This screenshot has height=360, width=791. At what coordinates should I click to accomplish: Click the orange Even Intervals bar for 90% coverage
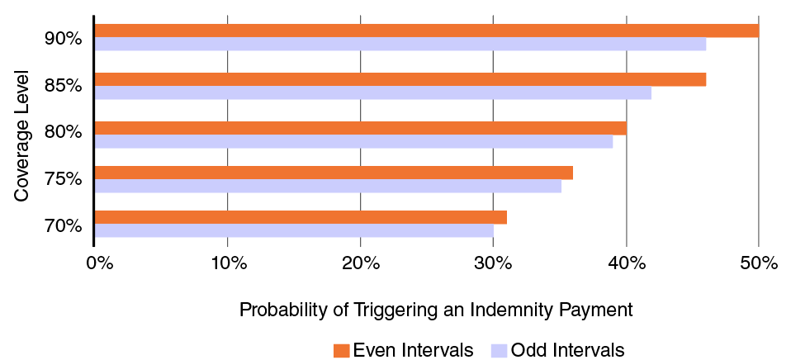pyautogui.click(x=427, y=31)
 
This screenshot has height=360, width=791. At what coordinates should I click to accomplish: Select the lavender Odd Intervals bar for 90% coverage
pyautogui.click(x=400, y=45)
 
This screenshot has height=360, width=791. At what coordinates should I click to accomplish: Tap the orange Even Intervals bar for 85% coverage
pyautogui.click(x=400, y=79)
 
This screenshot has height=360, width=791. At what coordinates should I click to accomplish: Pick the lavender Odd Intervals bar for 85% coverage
pyautogui.click(x=373, y=92)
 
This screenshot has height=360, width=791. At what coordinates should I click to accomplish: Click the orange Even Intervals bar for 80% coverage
pyautogui.click(x=361, y=128)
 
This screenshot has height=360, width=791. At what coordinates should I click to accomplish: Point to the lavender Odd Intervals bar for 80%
pyautogui.click(x=353, y=141)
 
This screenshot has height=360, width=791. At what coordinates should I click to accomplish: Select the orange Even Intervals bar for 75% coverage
pyautogui.click(x=334, y=173)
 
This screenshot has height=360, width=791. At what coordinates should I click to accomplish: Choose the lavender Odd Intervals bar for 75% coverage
pyautogui.click(x=328, y=186)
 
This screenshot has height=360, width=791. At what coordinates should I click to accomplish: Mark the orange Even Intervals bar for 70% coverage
pyautogui.click(x=301, y=217)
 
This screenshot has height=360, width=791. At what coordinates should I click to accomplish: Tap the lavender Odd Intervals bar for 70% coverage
pyautogui.click(x=294, y=230)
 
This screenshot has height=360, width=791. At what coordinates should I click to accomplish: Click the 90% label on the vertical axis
pyautogui.click(x=63, y=38)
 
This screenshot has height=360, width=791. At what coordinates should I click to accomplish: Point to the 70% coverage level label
pyautogui.click(x=63, y=225)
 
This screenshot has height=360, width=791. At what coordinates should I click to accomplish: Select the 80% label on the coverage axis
pyautogui.click(x=63, y=132)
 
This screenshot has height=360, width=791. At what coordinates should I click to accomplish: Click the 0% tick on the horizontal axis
pyautogui.click(x=98, y=263)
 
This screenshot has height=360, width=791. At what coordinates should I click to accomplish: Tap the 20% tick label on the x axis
pyautogui.click(x=361, y=263)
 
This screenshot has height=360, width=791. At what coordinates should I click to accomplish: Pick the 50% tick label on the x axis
pyautogui.click(x=759, y=263)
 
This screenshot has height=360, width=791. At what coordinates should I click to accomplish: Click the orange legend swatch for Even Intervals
pyautogui.click(x=341, y=349)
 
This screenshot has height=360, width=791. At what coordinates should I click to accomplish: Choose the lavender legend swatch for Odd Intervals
pyautogui.click(x=499, y=349)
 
